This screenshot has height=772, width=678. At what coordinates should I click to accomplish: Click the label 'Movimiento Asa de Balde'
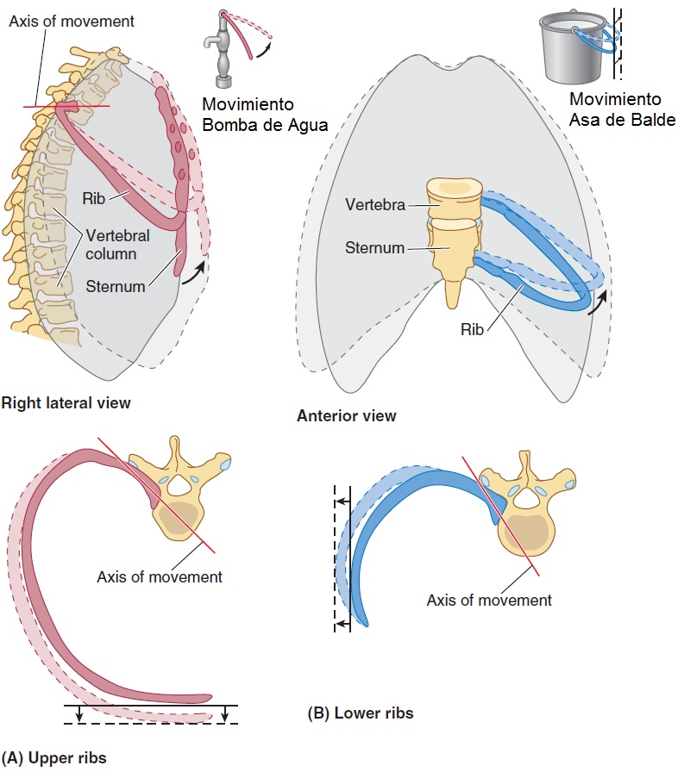(622, 109)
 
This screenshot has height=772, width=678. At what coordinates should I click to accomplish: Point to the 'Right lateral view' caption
(66, 402)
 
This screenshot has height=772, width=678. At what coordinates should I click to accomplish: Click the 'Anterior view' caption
(346, 416)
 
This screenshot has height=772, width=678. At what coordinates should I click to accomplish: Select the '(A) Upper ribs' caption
(54, 759)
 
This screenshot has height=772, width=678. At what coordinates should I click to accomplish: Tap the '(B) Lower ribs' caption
(360, 713)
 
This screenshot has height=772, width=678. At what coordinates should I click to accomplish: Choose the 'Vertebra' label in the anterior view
(375, 205)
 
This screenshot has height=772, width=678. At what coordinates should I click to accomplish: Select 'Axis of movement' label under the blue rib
(489, 600)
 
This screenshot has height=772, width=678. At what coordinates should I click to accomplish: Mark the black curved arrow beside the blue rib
(597, 301)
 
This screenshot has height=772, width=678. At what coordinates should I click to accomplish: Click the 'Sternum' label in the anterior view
(375, 248)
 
